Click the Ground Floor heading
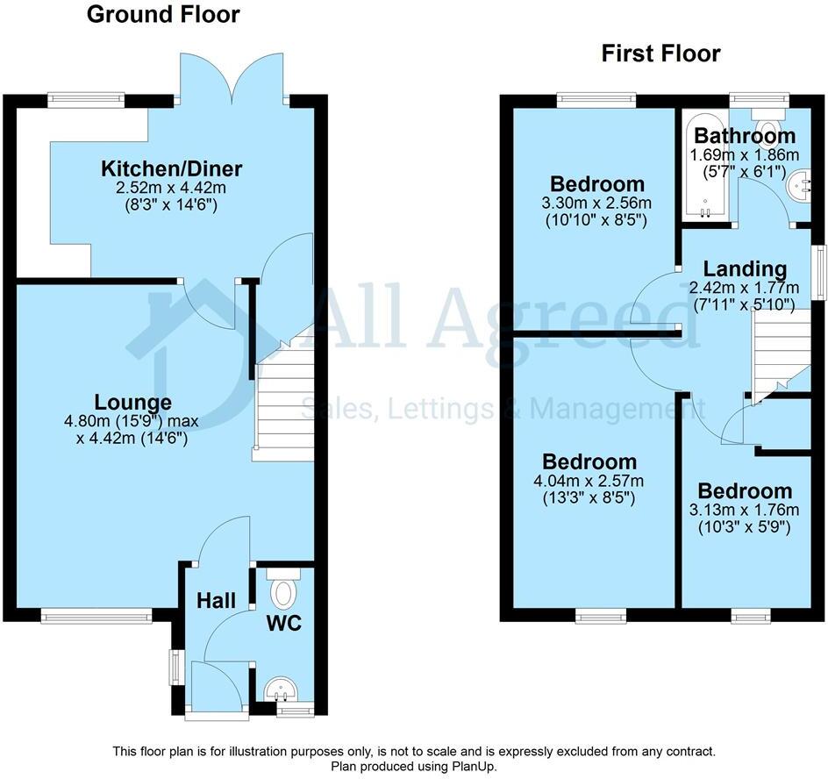[163, 15]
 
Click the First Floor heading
[660, 54]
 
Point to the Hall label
[216, 601]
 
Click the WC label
[285, 624]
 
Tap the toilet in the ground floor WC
[282, 590]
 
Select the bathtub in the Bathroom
[705, 167]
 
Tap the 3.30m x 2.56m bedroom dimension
[597, 204]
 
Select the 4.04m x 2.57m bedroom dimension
[589, 481]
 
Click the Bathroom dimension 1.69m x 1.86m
[745, 155]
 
